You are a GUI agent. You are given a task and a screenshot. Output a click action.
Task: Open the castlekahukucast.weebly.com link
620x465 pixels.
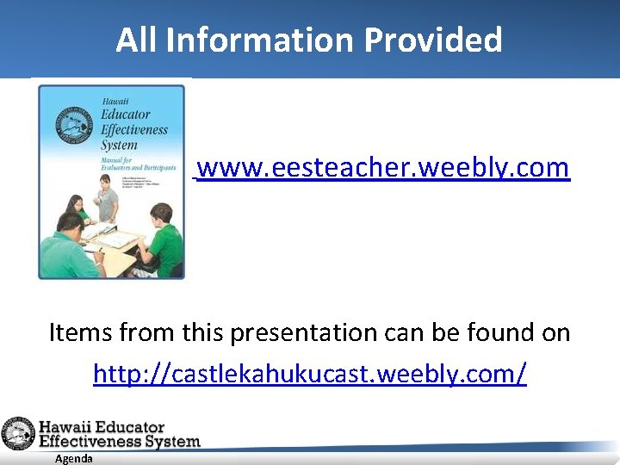pyautogui.click(x=309, y=374)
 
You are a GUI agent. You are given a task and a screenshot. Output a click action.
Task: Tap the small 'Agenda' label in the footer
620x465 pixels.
pyautogui.click(x=73, y=459)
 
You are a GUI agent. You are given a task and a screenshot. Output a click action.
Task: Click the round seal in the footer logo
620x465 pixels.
pyautogui.click(x=17, y=434)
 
